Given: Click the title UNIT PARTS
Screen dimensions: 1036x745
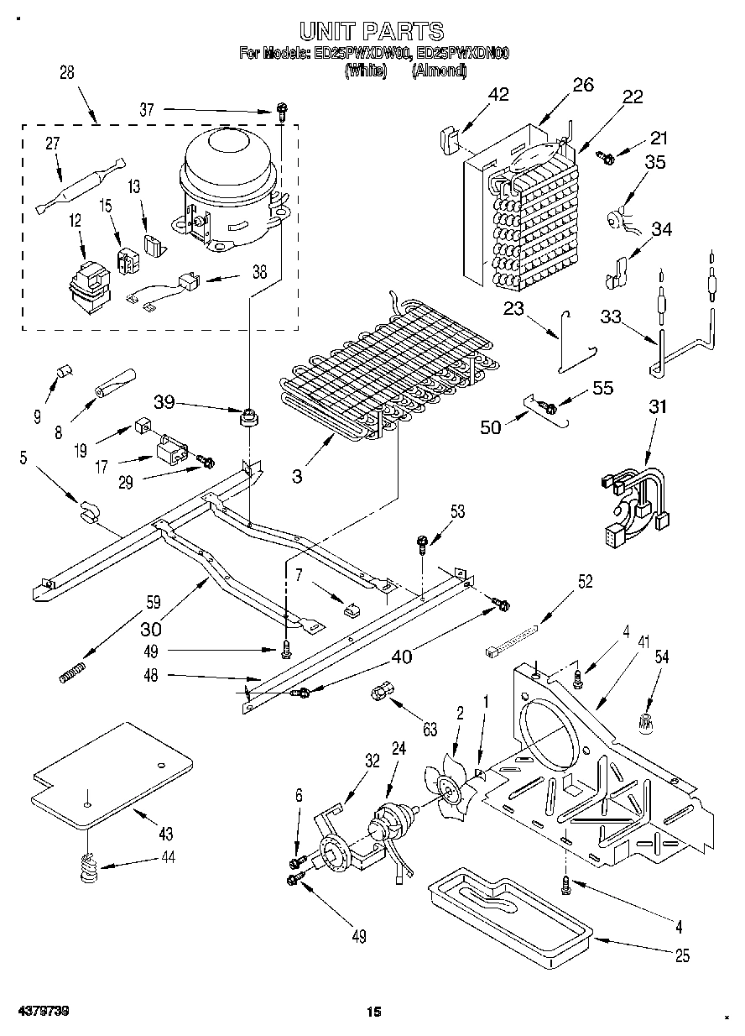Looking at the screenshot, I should [372, 32].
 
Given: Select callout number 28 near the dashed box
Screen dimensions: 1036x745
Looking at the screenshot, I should [66, 73].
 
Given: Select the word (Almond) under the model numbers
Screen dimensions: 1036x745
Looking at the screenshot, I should [439, 71].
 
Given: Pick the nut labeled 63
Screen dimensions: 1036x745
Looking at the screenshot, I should [379, 693].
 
